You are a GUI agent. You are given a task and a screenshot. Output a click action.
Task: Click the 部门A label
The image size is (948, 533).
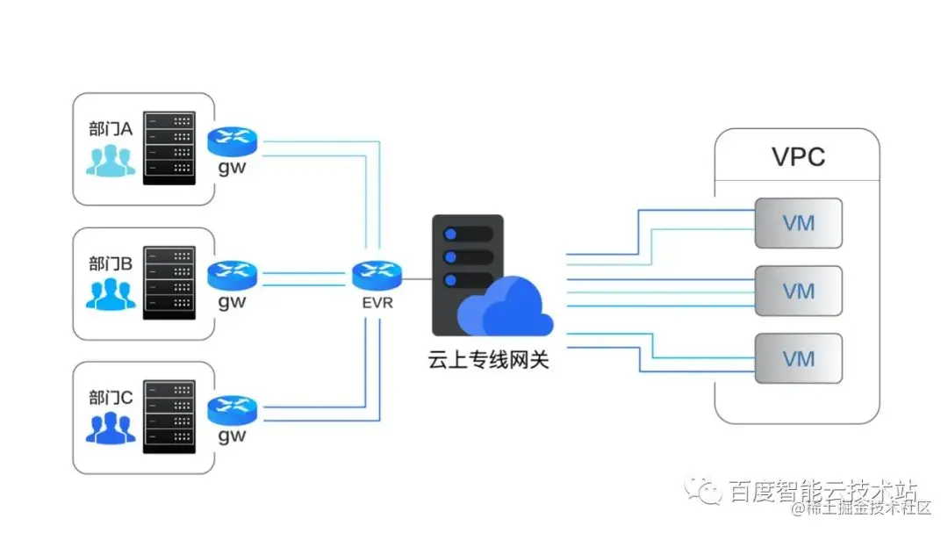110,129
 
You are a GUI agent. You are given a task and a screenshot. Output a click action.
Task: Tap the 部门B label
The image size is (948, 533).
110,263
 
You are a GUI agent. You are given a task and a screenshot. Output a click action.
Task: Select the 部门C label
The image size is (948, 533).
110,398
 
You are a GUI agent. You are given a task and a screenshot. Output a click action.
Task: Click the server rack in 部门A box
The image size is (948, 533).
169,148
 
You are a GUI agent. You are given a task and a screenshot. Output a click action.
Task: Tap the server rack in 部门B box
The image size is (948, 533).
169,282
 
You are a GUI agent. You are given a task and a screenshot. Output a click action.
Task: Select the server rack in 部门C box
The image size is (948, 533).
169,416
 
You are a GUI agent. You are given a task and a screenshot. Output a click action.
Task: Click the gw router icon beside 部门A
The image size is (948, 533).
233,140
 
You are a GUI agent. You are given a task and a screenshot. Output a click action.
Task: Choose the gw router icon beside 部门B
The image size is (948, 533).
233,275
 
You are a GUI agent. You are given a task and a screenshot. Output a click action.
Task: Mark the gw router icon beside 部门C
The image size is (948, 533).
233,409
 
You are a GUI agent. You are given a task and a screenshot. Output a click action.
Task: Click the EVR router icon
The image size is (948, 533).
377,275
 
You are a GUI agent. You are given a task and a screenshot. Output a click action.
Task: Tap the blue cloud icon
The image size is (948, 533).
505,307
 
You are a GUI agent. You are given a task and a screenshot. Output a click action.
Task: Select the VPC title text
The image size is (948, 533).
798,157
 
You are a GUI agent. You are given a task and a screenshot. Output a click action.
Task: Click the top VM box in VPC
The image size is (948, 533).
798,222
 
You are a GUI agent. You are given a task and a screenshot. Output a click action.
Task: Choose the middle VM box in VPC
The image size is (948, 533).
798,291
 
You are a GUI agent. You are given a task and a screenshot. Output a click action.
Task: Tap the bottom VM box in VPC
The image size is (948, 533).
798,358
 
